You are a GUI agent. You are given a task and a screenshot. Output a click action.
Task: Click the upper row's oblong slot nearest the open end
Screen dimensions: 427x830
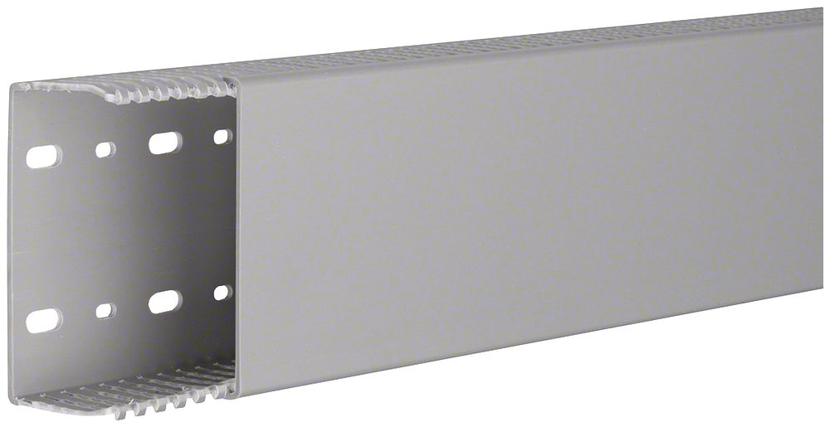pos(44,156)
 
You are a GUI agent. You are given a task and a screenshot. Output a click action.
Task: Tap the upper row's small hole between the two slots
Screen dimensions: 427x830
pos(105,150)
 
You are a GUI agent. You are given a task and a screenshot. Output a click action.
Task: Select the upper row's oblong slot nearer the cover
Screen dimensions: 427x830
pos(165,143)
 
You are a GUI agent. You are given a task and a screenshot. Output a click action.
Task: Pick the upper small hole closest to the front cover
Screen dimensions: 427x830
pos(222,137)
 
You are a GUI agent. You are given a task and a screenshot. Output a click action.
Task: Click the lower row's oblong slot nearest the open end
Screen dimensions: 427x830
pos(43,320)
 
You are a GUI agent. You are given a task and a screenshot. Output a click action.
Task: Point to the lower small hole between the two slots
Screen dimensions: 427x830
pos(105,311)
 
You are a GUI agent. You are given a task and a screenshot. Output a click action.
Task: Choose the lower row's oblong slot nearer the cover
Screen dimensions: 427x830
pos(165,302)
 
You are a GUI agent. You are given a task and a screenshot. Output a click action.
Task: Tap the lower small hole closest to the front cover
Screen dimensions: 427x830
pos(222,293)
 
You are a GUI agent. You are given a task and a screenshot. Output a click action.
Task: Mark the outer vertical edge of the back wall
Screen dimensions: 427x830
pos(11,249)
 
